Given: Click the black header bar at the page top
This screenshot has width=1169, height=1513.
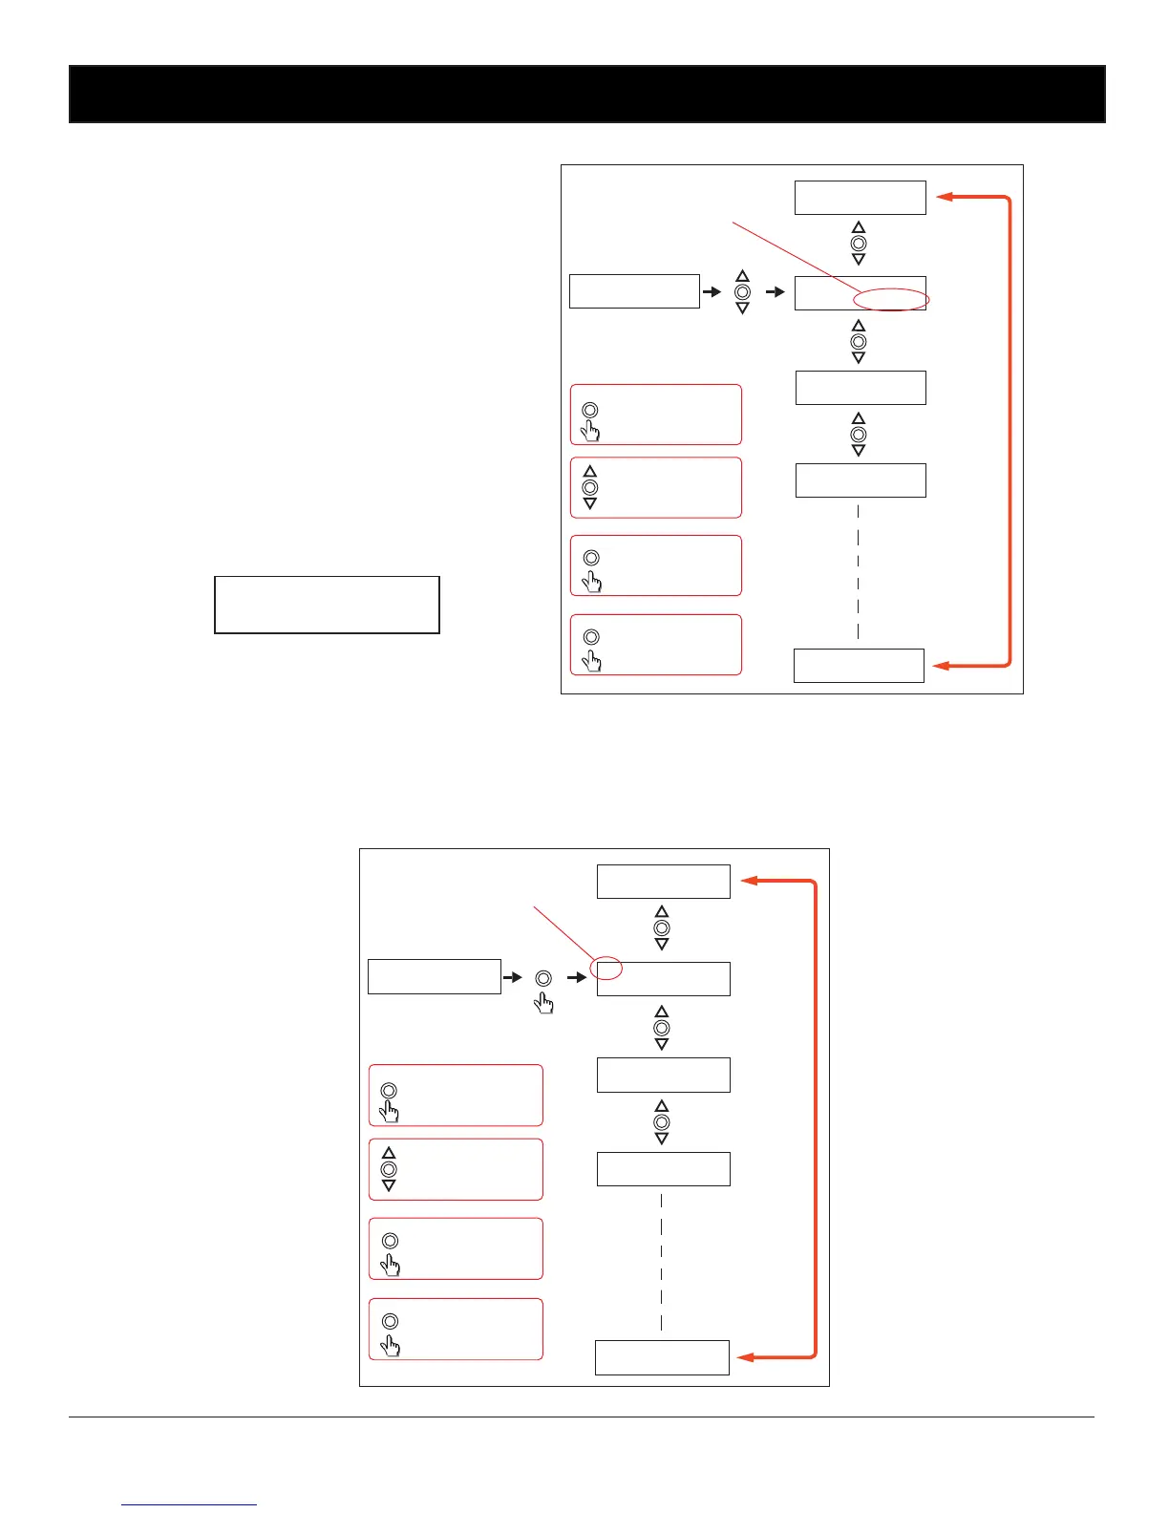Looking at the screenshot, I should click(586, 94).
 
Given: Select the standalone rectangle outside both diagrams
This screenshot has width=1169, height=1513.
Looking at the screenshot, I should click(327, 605).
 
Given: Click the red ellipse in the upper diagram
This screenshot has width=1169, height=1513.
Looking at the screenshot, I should click(889, 300).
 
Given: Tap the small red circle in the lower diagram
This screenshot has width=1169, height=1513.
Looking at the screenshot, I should click(607, 969).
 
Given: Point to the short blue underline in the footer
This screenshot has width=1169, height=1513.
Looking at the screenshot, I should click(189, 1504).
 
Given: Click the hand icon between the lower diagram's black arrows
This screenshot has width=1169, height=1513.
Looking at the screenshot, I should click(544, 1002).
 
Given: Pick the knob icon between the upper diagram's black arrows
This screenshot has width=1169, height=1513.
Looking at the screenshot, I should click(743, 292).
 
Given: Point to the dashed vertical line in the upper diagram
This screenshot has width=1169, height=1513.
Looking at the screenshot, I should click(859, 571).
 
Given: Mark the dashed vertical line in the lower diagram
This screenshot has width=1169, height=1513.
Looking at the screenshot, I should click(661, 1261).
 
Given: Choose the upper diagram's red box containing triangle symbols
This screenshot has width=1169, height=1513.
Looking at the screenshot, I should click(656, 487).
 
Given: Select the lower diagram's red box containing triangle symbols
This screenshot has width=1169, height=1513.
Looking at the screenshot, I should click(456, 1169).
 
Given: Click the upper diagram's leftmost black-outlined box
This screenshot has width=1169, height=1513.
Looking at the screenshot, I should click(634, 291).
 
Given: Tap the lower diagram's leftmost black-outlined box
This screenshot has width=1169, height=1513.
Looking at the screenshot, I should click(434, 977).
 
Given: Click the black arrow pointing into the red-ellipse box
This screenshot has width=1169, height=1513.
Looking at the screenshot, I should click(776, 291).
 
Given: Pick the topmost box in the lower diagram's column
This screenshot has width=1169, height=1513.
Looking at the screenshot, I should click(663, 881).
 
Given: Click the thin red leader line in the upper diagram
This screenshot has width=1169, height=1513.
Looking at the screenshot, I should click(793, 258).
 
